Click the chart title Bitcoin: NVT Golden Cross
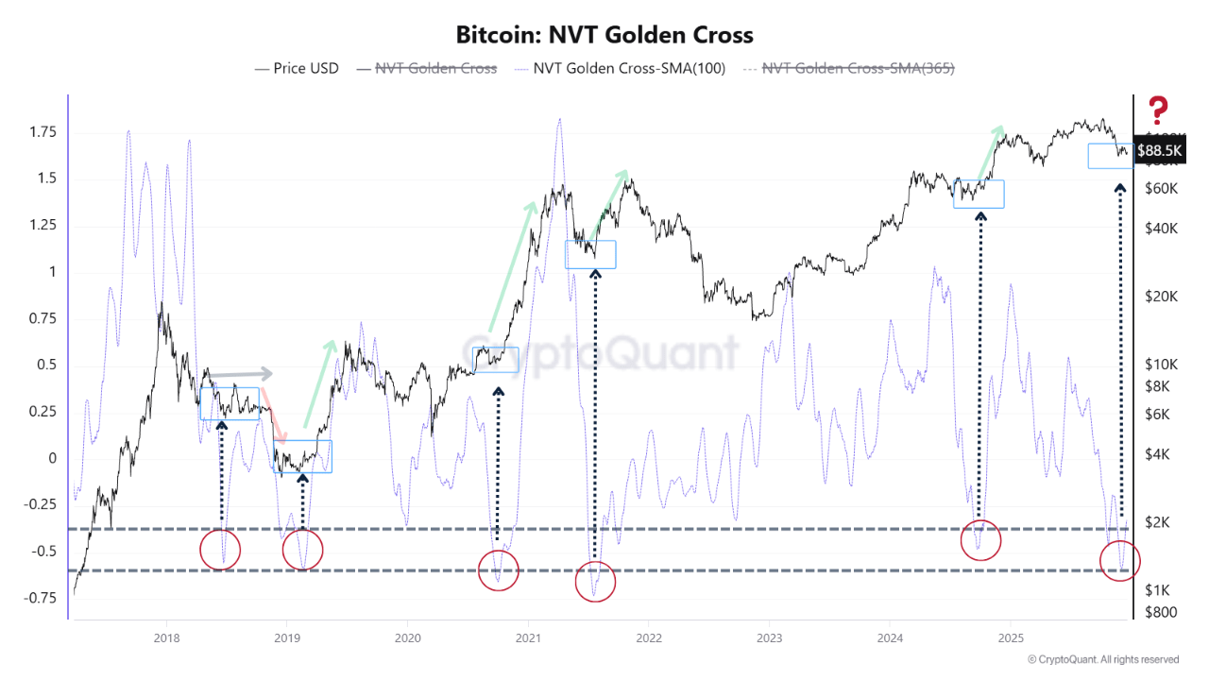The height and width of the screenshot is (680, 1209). coord(604,35)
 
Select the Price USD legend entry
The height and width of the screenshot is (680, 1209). coord(297,68)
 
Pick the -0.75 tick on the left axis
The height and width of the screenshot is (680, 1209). coord(38,598)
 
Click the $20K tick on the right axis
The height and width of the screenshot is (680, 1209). coord(1159,296)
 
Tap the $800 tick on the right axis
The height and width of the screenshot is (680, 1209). coord(1159,612)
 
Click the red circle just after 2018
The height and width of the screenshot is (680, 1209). coord(221,550)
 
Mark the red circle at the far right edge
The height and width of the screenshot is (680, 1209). coord(1120,560)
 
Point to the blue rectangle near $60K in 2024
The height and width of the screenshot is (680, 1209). coord(979,194)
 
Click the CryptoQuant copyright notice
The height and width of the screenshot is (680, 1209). coord(1102,659)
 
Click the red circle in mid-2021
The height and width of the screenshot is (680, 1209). coord(595,581)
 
